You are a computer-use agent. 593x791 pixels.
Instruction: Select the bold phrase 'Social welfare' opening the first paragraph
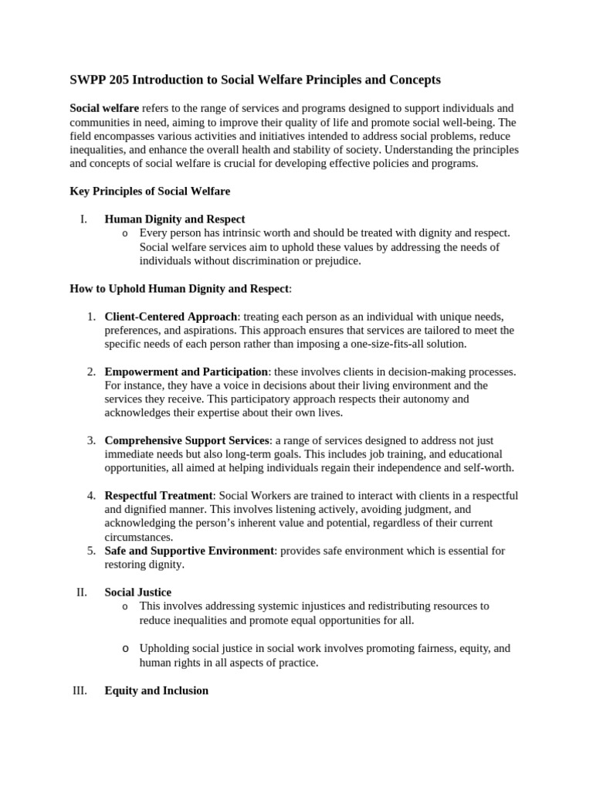click(x=105, y=108)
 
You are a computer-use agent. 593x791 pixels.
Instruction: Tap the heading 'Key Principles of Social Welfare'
click(x=150, y=191)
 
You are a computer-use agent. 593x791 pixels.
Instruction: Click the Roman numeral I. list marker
click(x=83, y=219)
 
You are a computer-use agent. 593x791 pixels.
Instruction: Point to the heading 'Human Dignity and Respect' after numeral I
click(x=175, y=219)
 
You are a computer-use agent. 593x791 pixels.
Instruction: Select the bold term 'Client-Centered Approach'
click(x=171, y=317)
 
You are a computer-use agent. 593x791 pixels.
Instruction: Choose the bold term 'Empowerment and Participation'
click(x=185, y=372)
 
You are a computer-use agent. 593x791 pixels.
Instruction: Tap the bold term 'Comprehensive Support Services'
click(x=187, y=440)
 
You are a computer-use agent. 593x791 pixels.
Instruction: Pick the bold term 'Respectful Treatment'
click(x=158, y=495)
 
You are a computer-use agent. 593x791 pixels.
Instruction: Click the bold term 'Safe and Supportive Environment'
click(x=189, y=551)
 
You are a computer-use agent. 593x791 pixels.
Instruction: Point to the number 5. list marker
click(x=90, y=551)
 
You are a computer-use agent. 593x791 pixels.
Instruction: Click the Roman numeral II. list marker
click(x=81, y=592)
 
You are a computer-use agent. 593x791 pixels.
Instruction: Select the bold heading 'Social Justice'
click(x=138, y=592)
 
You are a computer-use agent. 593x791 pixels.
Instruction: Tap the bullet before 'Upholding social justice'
click(x=126, y=648)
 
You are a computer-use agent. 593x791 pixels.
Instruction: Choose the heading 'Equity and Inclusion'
click(x=156, y=691)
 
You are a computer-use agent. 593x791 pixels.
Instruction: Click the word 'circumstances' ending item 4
click(x=137, y=537)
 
